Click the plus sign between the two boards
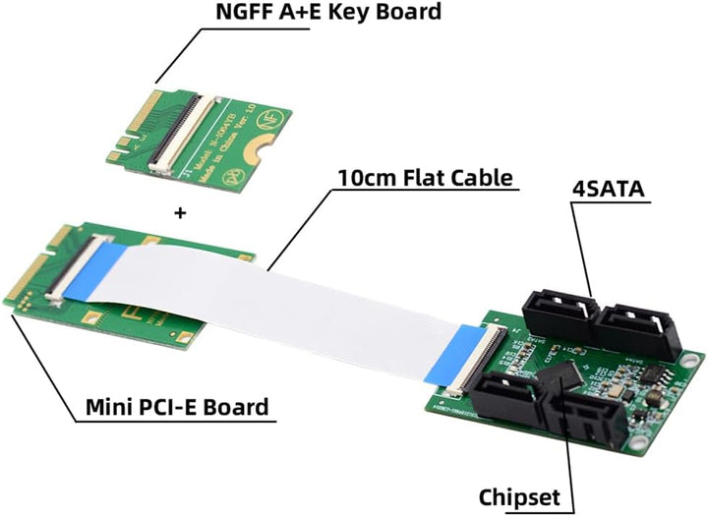tap(180, 211)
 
